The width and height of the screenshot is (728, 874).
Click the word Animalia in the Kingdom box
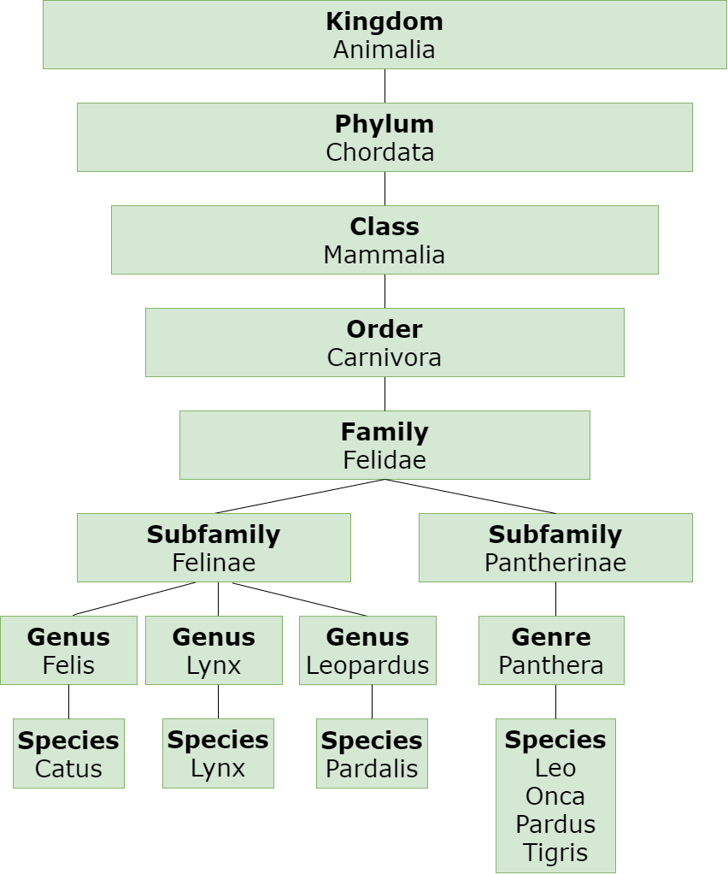pos(384,50)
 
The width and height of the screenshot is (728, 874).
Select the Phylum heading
pos(384,124)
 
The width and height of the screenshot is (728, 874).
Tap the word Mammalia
pos(384,255)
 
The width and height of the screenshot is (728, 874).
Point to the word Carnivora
pos(384,357)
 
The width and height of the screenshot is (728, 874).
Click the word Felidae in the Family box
pos(384,460)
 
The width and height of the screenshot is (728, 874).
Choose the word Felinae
pos(214,563)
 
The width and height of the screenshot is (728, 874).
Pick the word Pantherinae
pos(555,563)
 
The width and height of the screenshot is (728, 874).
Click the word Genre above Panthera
pos(551,637)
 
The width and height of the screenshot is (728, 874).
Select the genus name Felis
pos(68,665)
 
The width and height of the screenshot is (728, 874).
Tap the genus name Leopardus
pos(367,665)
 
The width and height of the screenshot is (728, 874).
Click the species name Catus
pos(68,768)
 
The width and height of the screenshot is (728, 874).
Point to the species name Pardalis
pos(372,768)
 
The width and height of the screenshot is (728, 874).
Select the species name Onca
pos(555,796)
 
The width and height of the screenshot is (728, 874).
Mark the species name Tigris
pos(555,853)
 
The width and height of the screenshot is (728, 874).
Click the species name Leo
pos(555,768)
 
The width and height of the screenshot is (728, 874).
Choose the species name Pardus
pos(555,824)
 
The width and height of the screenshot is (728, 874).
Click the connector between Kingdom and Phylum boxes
pos(385,86)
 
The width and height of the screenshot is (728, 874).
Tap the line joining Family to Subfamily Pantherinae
pos(470,497)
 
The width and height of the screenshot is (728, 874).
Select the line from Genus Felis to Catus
pos(68,701)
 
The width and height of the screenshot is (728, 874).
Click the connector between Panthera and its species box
pos(555,701)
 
